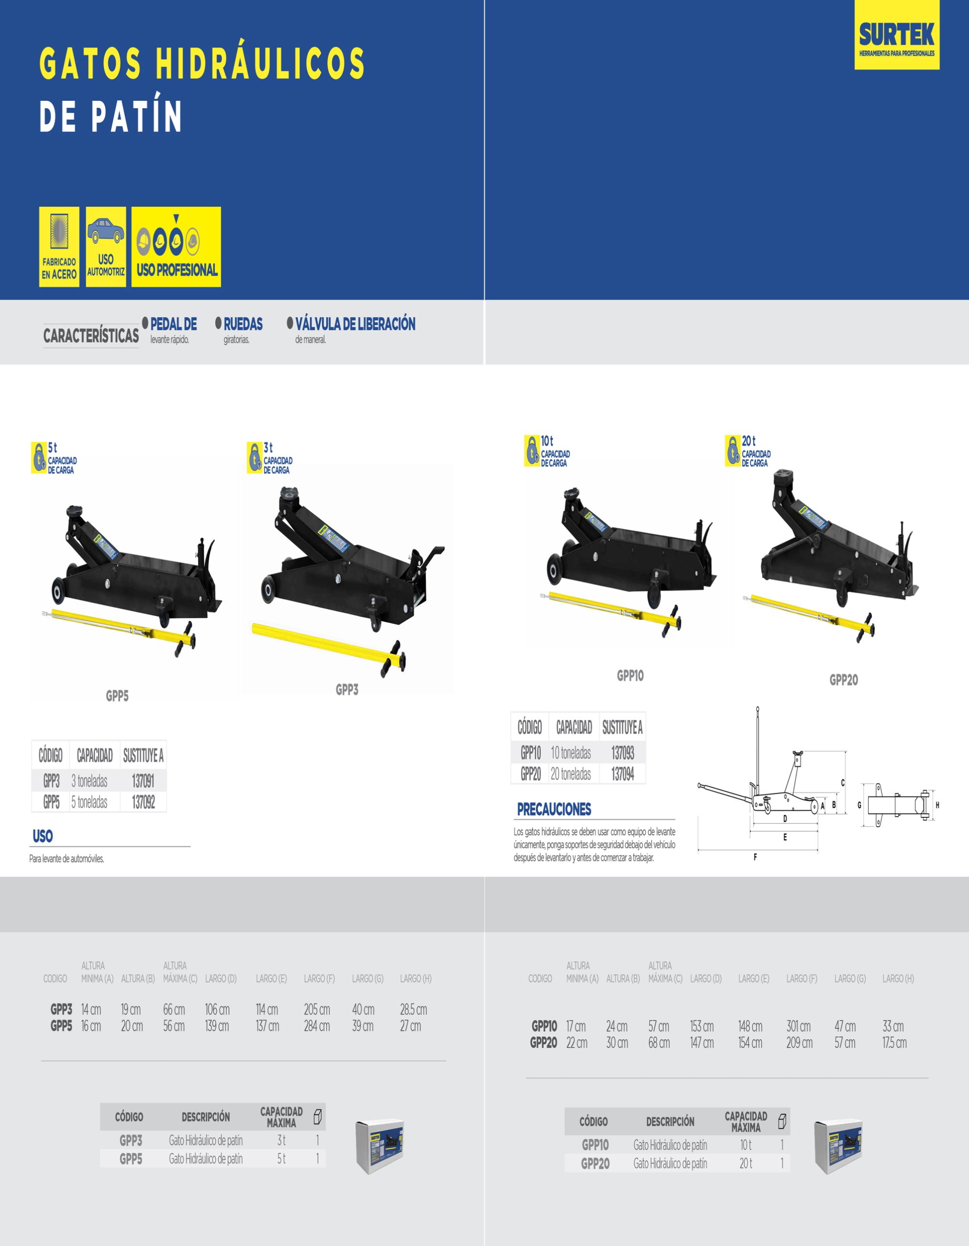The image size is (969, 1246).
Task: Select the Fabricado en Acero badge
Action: [x=59, y=246]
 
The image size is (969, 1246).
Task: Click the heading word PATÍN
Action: [x=137, y=116]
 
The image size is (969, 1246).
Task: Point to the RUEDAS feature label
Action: [x=243, y=324]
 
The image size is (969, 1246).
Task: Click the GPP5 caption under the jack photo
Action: [x=117, y=696]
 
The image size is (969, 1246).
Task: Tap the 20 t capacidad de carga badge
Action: [x=748, y=451]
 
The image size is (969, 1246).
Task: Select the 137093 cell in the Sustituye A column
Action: [x=622, y=753]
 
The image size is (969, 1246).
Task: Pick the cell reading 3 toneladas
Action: [x=90, y=781]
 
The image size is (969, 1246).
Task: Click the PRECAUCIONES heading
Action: [x=554, y=809]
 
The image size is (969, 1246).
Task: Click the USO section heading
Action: [x=43, y=836]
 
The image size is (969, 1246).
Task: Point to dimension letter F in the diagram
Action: [x=755, y=857]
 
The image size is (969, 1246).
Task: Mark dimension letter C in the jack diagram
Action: [x=842, y=783]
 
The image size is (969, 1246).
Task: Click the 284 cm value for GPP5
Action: [x=316, y=1026]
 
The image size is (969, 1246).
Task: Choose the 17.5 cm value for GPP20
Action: [x=894, y=1043]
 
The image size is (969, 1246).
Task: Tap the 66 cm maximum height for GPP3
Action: [x=174, y=1009]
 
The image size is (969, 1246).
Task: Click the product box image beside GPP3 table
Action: [x=380, y=1146]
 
